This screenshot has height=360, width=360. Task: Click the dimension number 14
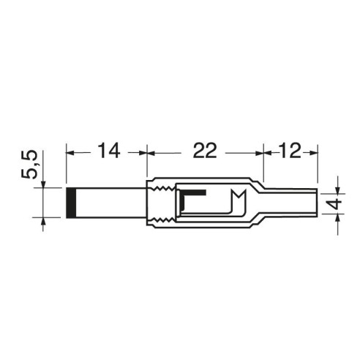click(109, 151)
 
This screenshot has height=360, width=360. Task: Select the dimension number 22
click(205, 151)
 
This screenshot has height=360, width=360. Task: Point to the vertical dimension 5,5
click(30, 165)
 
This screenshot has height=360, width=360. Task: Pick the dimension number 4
click(337, 203)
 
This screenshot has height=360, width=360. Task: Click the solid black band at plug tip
click(71, 203)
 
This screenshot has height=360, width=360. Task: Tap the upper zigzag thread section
click(162, 189)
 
